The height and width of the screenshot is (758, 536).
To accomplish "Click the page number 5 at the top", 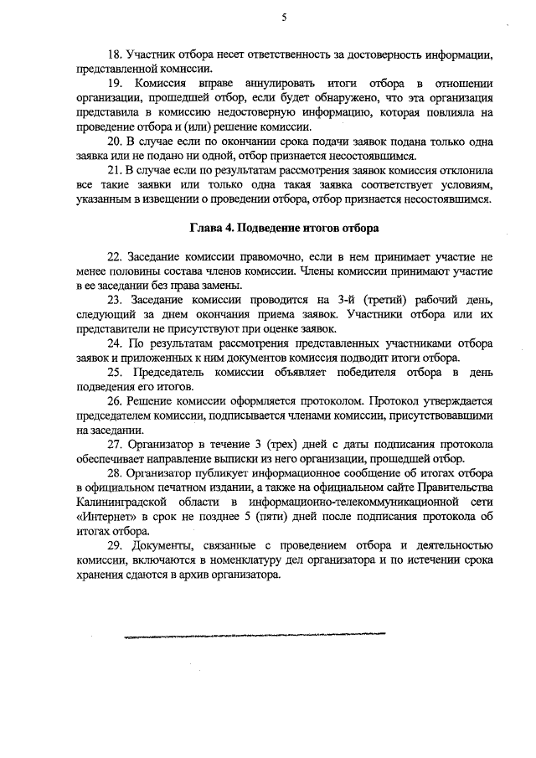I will pos(284,17).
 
